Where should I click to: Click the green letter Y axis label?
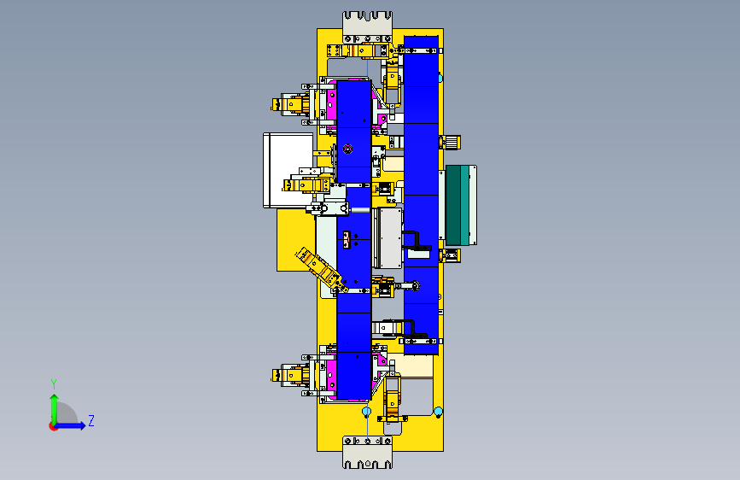click(54, 384)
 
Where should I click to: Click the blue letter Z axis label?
click(91, 420)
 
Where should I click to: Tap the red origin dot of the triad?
click(52, 426)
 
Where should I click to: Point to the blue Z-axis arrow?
click(71, 425)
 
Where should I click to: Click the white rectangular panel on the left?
click(288, 170)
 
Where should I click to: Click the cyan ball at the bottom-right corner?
click(438, 412)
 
